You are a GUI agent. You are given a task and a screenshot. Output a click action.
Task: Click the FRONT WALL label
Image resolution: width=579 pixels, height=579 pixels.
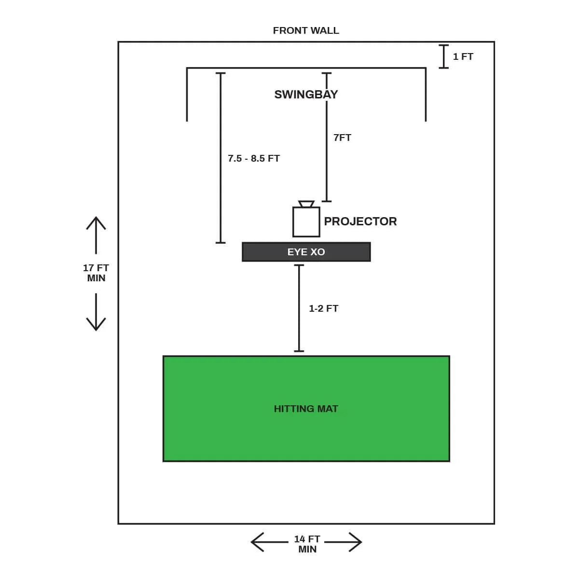306,30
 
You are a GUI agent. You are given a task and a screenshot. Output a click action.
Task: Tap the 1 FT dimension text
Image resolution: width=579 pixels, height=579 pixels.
463,56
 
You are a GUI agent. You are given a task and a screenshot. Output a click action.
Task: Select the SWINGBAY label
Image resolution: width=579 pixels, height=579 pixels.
306,94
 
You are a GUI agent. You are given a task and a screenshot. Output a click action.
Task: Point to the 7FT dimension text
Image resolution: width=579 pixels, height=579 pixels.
342,138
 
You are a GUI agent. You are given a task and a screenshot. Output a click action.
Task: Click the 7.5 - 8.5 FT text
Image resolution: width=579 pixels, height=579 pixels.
254,158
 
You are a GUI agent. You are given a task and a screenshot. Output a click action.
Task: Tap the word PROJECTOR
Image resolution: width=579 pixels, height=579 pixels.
360,221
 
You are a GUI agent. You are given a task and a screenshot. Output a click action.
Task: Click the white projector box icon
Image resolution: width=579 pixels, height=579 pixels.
306,222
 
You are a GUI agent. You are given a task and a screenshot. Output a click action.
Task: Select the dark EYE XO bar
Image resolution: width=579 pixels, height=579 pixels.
306,252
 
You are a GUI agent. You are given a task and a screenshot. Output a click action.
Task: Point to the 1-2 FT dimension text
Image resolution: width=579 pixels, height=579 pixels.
323,308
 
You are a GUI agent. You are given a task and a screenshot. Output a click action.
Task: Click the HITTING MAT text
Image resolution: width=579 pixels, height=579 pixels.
306,409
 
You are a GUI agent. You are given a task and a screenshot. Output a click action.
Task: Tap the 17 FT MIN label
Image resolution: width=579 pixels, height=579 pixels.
96,273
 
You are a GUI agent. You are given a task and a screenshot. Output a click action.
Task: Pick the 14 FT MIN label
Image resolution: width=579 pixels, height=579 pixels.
307,544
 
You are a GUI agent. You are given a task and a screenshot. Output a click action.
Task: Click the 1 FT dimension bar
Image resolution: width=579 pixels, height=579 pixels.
444,56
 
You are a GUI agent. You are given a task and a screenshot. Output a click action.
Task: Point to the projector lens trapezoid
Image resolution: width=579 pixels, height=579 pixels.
306,204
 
